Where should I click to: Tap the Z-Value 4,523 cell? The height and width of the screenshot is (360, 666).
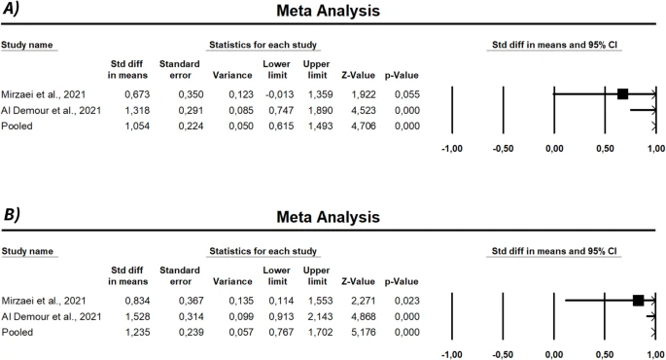364,110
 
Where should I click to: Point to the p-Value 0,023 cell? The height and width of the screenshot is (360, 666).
402,301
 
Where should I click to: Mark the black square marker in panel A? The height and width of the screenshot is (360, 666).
622,93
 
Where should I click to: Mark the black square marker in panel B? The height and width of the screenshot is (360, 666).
639,301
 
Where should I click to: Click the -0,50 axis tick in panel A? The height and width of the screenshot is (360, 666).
503,151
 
